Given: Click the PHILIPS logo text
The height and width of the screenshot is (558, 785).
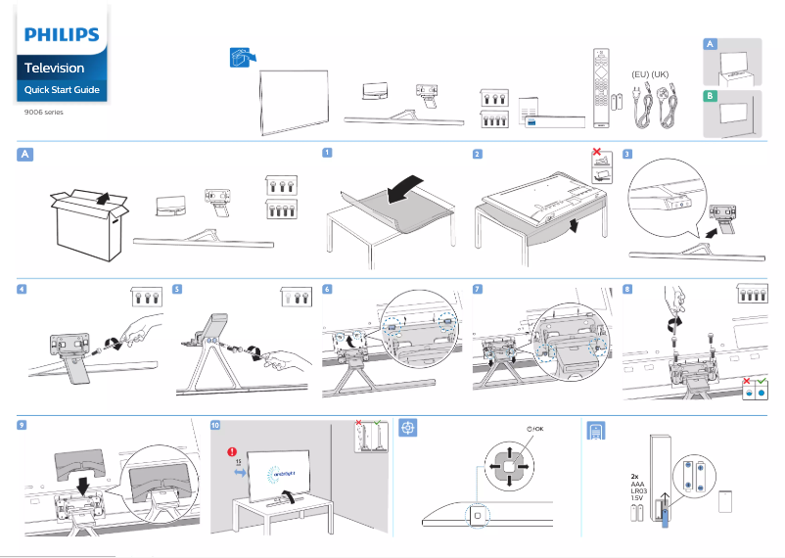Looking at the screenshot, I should [62, 35].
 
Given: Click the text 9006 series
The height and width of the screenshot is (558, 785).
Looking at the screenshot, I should [43, 113].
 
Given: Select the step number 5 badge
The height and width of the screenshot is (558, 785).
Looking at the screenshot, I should [177, 290].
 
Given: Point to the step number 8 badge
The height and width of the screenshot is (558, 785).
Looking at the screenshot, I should [627, 290].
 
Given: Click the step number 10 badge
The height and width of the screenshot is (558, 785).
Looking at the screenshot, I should [215, 426].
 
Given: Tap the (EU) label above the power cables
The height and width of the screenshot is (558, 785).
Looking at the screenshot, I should [641, 74].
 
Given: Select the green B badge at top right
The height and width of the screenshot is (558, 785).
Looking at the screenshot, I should [711, 96].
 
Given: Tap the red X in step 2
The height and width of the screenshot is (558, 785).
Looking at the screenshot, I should [596, 154].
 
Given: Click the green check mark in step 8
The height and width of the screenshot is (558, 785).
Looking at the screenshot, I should [760, 378].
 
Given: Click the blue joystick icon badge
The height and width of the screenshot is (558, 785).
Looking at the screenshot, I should [409, 429].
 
